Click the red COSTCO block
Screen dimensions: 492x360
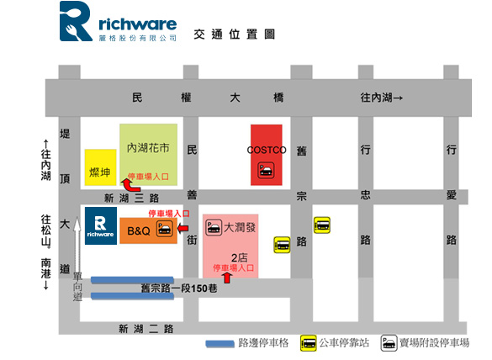pyautogui.click(x=266, y=155)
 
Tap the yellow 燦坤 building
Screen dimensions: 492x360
pyautogui.click(x=100, y=167)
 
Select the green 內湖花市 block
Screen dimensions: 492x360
pyautogui.click(x=148, y=155)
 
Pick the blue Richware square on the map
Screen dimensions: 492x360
pyautogui.click(x=101, y=225)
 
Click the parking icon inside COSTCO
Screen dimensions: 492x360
pyautogui.click(x=266, y=171)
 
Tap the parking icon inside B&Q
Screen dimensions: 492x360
pyautogui.click(x=164, y=228)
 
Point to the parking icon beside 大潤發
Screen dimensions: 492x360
pyautogui.click(x=214, y=228)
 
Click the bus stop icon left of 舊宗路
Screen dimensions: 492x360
pyautogui.click(x=282, y=245)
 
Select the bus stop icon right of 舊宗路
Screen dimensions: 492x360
pyautogui.click(x=322, y=225)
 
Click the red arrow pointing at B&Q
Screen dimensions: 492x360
pyautogui.click(x=183, y=228)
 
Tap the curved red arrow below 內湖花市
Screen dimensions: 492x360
pyautogui.click(x=130, y=186)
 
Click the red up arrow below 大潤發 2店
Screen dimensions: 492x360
pyautogui.click(x=227, y=278)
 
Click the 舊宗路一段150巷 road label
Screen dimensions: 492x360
pyautogui.click(x=179, y=289)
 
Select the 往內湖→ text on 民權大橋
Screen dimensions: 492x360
pyautogui.click(x=382, y=98)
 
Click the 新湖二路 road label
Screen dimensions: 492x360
pyautogui.click(x=145, y=329)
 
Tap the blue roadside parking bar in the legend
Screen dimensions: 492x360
pyautogui.click(x=220, y=344)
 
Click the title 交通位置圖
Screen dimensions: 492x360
pyautogui.click(x=235, y=34)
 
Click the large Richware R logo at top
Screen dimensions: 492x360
pyautogui.click(x=76, y=21)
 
